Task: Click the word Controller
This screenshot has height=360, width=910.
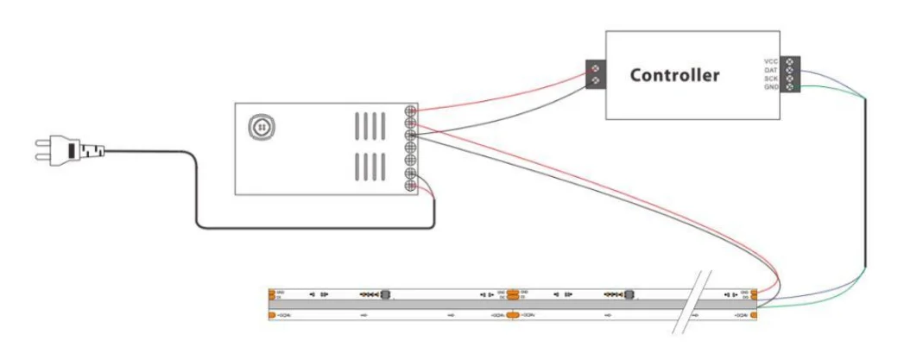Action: tap(674, 75)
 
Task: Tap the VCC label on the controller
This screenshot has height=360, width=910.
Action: tap(771, 61)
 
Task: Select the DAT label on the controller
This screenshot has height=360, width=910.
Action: tap(771, 70)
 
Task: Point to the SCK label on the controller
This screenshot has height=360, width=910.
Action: tap(771, 79)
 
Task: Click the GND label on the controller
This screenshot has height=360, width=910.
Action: tap(771, 87)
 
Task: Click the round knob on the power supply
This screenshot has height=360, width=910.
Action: tap(258, 127)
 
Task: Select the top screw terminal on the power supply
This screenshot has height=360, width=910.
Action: tap(413, 111)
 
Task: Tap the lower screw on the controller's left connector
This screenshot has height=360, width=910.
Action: tap(595, 81)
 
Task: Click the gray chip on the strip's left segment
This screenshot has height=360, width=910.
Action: tap(386, 294)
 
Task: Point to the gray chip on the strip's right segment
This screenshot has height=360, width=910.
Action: tap(629, 294)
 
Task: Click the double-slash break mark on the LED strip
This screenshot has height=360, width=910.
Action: tap(696, 303)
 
